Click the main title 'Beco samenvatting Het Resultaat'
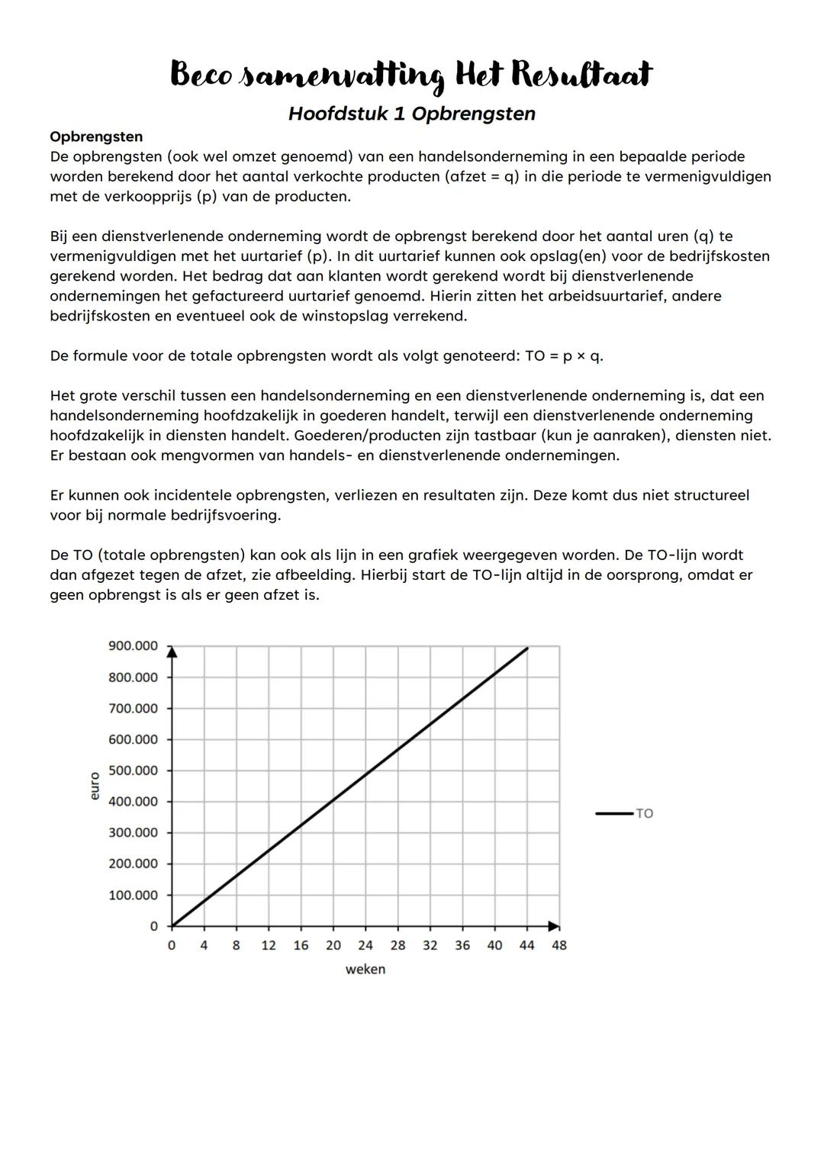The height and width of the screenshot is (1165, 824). (x=411, y=76)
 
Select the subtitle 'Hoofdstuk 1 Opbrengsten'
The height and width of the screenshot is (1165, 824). (x=411, y=114)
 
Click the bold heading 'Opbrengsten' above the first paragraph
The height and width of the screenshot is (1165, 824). (x=96, y=137)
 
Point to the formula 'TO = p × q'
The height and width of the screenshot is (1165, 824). (x=564, y=356)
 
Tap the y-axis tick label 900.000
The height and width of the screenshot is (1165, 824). (x=133, y=646)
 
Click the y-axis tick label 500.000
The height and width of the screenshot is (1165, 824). (x=133, y=771)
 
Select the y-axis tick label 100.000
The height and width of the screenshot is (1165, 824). (x=133, y=895)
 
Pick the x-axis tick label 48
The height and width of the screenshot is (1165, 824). (x=559, y=945)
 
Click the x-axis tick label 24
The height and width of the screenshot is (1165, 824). (x=365, y=945)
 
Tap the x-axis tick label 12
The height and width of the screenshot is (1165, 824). (x=269, y=945)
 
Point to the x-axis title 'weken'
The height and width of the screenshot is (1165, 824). (x=365, y=969)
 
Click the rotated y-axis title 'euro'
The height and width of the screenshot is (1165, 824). (x=95, y=786)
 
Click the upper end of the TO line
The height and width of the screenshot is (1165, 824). (x=527, y=648)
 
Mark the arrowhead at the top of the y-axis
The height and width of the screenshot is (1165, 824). (x=172, y=651)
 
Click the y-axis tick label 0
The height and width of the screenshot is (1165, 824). (x=153, y=926)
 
